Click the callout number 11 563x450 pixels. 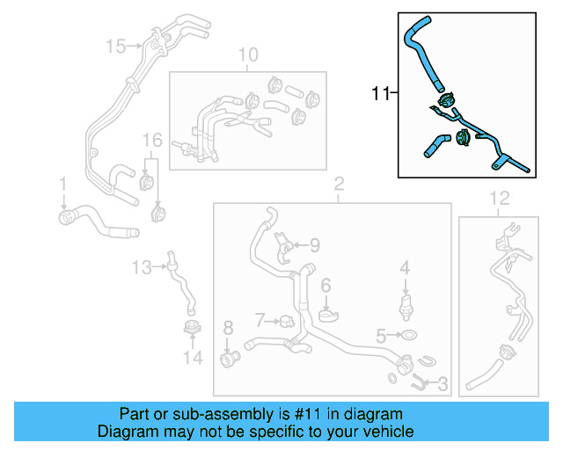click(x=379, y=92)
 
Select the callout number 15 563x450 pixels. click(x=116, y=45)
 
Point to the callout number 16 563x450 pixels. click(x=152, y=141)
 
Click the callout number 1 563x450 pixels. click(x=63, y=184)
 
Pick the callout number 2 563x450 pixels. click(x=338, y=185)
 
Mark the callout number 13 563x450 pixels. click(x=142, y=265)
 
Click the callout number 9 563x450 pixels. click(x=314, y=246)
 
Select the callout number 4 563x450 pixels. click(x=405, y=266)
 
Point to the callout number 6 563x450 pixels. click(x=325, y=285)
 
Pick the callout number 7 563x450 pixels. click(x=260, y=317)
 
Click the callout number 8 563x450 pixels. click(x=228, y=329)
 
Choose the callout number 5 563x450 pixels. click(x=381, y=335)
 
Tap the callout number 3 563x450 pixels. click(x=442, y=384)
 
